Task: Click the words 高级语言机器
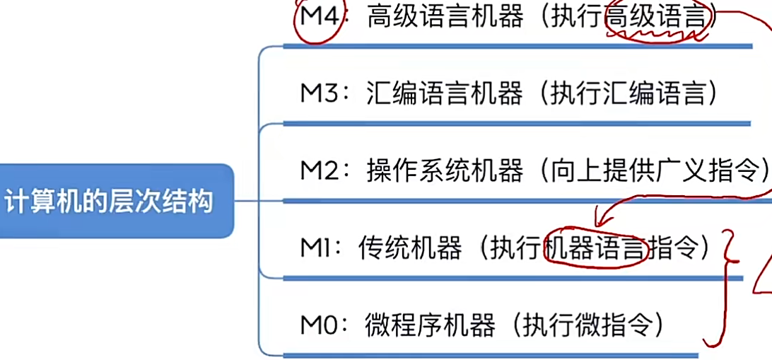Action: [445, 17]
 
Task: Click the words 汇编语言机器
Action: [445, 94]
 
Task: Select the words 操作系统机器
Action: [445, 171]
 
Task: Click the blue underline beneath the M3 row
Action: [516, 123]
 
